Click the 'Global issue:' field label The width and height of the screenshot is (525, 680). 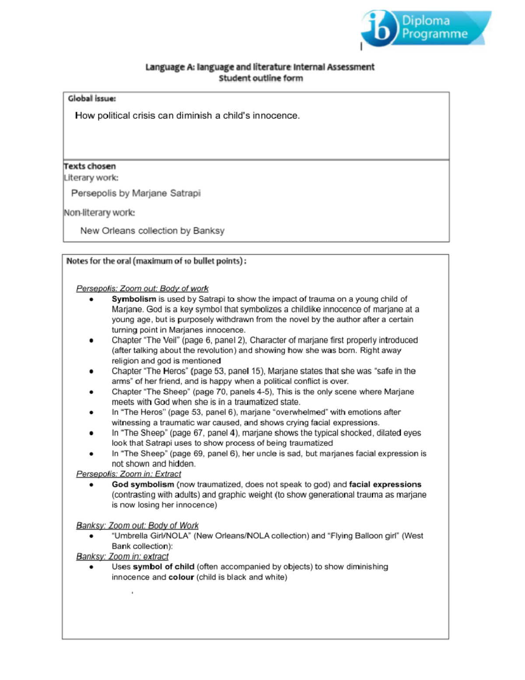pos(92,99)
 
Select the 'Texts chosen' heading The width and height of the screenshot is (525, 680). pos(90,166)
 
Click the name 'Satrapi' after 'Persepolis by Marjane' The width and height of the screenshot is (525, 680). pos(185,193)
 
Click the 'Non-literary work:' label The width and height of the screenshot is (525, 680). pos(99,213)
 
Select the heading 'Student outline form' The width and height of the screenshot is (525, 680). pos(261,78)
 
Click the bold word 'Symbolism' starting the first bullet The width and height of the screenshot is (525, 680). pos(133,299)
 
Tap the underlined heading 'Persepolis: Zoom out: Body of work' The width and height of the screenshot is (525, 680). pos(142,289)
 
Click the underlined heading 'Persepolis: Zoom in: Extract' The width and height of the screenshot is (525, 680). pos(128,474)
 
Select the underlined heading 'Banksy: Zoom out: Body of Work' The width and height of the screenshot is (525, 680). pos(137,525)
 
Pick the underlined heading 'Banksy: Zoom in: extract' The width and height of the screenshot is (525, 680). pos(122,557)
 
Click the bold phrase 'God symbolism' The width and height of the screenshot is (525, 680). pos(143,485)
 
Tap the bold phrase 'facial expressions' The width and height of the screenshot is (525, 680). pos(385,485)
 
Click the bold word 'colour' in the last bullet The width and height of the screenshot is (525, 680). pos(181,577)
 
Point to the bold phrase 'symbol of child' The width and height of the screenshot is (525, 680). pos(164,567)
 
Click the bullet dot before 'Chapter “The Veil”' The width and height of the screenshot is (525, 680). pos(91,340)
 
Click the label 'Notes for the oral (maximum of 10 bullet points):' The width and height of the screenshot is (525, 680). pos(156,261)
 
